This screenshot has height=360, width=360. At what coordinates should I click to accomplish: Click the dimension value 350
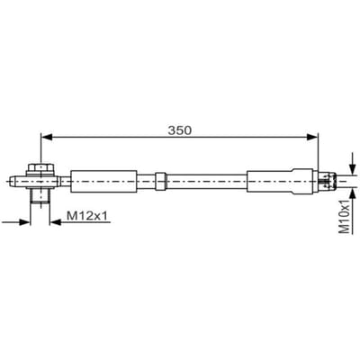179,130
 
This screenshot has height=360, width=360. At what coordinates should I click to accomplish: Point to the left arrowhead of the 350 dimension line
46,137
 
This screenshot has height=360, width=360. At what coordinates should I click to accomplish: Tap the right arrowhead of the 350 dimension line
311,137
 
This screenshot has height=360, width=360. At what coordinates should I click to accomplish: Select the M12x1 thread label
86,216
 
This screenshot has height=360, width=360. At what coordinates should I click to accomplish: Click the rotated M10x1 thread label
345,214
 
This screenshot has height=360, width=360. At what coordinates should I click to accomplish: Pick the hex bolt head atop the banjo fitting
40,168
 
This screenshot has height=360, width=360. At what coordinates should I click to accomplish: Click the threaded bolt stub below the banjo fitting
40,195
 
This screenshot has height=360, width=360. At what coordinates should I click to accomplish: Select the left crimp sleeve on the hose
103,181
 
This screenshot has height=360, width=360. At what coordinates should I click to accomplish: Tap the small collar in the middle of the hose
160,181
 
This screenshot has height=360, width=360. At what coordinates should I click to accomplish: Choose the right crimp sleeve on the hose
283,181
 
